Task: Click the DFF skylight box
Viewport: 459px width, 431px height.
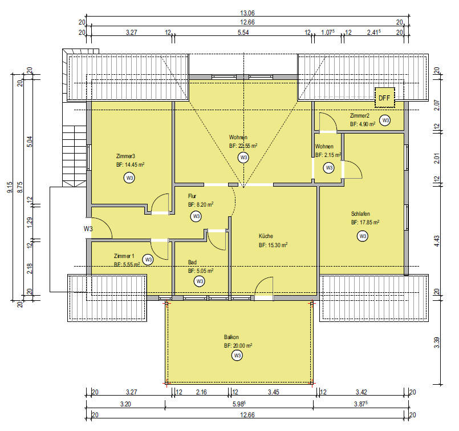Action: coord(385,98)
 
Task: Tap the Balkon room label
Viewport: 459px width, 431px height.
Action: coord(231,337)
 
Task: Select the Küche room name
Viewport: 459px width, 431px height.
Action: coord(266,236)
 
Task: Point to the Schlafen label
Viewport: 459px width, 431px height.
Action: coord(360,214)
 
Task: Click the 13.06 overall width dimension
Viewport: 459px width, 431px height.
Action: coord(247,13)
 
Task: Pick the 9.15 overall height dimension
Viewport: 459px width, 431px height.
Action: coord(10,187)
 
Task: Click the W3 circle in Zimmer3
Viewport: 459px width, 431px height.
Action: coord(129,178)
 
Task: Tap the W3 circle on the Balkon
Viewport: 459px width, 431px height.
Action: coord(237,356)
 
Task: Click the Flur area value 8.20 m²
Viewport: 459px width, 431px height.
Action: coord(204,204)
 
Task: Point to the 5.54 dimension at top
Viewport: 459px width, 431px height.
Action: coord(243,32)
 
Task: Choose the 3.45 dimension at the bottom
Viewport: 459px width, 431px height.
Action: coord(274,392)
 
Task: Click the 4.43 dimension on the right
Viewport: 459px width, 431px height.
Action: coord(436,241)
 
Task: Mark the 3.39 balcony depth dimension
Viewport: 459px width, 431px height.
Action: coord(436,343)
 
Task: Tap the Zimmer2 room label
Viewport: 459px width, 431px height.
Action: coord(359,115)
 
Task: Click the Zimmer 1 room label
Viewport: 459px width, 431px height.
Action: coord(124,256)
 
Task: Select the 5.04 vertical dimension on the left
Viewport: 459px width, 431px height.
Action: coord(30,141)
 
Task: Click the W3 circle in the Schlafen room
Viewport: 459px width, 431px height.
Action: coord(363,236)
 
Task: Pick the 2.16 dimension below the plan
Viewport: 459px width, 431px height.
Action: coord(201,392)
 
